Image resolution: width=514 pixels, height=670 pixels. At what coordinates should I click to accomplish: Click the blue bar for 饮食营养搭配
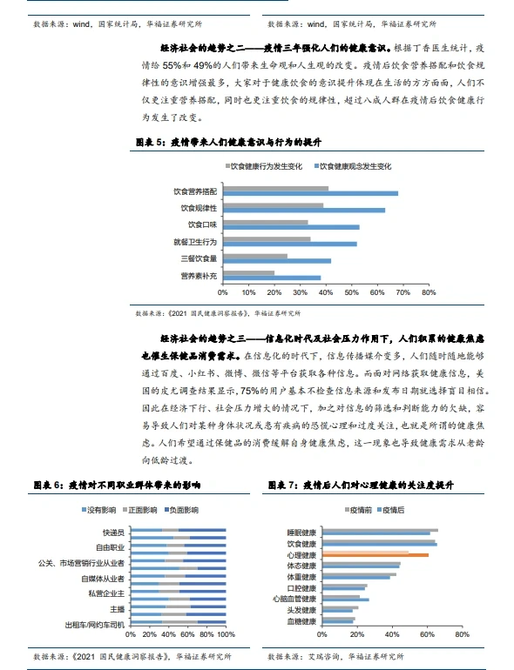310,193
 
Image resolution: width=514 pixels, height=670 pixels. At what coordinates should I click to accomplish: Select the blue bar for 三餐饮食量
277,260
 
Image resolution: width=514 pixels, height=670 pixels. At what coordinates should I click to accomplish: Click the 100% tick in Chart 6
225,635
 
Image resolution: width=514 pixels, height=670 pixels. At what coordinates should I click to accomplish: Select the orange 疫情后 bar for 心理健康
375,554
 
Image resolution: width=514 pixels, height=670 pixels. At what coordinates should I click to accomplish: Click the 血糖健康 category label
301,621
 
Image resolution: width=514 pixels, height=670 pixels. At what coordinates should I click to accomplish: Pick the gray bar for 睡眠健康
380,529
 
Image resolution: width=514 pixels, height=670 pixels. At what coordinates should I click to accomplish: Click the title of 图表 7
362,484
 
